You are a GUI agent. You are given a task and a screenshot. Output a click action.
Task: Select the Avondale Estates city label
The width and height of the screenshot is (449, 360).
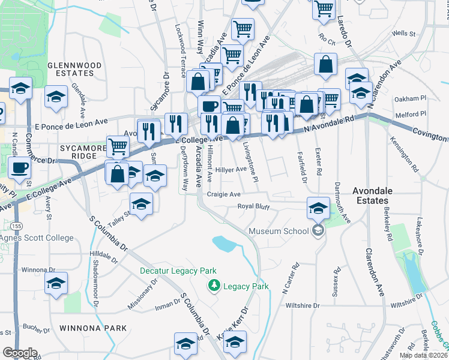pos(381,196)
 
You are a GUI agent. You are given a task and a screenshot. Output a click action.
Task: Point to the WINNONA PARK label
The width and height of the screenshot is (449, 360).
pos(93,328)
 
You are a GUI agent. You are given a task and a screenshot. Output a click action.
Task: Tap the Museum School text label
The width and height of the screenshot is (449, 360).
pos(279,230)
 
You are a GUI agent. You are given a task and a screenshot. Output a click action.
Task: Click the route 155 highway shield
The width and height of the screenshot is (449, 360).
pos(17,225)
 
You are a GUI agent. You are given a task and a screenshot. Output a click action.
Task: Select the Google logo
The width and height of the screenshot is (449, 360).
pos(20,353)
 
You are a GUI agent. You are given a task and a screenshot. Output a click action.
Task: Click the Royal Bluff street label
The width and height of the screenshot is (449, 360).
pos(254,207)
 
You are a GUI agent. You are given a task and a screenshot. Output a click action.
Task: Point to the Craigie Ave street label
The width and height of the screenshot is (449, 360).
pos(223,194)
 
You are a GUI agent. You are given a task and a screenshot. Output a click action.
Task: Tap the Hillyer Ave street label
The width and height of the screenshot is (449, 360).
pos(231,169)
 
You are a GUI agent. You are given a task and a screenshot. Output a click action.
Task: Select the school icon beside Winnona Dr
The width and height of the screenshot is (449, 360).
pos(55,283)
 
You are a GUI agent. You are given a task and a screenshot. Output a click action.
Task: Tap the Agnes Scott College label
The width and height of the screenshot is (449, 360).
pos(37,238)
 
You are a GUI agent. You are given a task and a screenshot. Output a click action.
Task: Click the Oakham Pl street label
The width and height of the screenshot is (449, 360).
pos(410,98)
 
